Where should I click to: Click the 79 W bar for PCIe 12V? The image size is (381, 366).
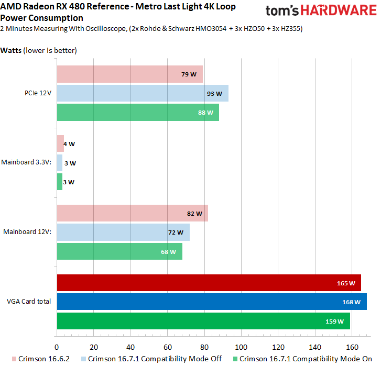[129, 74]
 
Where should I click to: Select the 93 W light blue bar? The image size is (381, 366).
[142, 93]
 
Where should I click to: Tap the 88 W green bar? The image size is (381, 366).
[137, 112]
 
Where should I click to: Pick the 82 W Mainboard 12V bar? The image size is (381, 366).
[132, 213]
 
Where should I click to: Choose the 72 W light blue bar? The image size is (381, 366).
[123, 232]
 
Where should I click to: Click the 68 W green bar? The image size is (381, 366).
[119, 251]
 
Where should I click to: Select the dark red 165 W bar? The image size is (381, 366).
[209, 283]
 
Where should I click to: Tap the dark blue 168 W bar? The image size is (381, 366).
[211, 302]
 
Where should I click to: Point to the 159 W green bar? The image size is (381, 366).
[203, 321]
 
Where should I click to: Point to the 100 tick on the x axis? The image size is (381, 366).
[241, 347]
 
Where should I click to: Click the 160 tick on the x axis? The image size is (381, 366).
[352, 347]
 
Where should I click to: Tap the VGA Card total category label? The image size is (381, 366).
[29, 302]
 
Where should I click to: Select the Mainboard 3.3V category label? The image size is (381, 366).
[26, 162]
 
